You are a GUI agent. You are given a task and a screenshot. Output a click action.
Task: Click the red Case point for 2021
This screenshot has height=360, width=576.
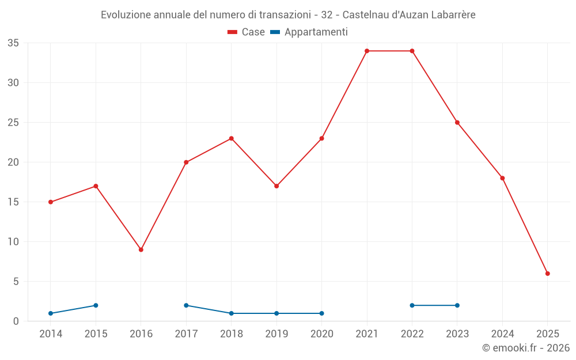[x=367, y=51]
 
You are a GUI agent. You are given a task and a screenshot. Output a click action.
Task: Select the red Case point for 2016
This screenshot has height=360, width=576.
[x=141, y=249]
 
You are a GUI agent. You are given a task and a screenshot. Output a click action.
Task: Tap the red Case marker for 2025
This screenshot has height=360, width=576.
[x=548, y=274]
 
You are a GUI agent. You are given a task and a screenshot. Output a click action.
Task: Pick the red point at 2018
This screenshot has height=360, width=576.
[x=232, y=138]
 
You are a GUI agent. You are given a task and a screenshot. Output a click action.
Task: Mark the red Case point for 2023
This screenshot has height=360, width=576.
[x=457, y=122]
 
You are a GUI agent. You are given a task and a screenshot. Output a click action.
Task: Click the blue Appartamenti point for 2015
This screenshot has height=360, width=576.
[x=96, y=305]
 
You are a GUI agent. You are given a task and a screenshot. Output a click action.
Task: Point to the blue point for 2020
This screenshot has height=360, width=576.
[x=321, y=313]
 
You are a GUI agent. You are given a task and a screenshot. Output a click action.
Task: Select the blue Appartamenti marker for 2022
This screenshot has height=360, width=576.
[x=412, y=305]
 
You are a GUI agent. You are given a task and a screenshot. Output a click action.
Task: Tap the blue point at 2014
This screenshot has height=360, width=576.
[x=51, y=313]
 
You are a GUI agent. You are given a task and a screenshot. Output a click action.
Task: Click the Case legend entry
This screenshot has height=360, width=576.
[x=247, y=32]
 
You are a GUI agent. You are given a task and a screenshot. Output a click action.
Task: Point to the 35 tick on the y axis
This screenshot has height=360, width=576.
[x=13, y=43]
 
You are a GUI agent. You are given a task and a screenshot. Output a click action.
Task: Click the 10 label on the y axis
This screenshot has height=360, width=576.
[x=13, y=242]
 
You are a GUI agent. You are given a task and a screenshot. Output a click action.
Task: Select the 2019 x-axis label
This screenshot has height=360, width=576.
[x=276, y=334]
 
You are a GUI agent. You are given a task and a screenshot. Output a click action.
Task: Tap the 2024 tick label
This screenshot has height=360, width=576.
[x=502, y=334]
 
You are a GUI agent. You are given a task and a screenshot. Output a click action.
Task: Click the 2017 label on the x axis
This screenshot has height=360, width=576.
[x=186, y=334]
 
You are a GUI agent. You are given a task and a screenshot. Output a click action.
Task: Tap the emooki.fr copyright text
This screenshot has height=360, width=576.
[x=525, y=348]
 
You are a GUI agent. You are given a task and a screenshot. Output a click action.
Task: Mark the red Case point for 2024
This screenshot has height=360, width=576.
[x=502, y=178]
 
